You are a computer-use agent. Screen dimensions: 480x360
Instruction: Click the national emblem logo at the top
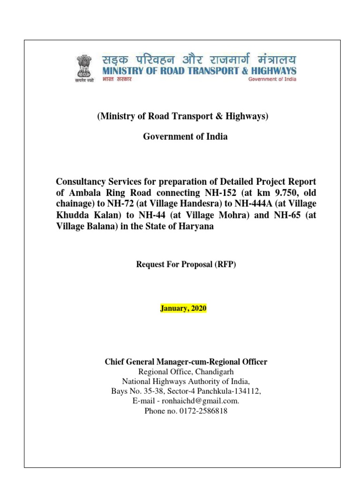[86, 68]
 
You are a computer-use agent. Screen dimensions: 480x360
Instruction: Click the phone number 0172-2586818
[203, 411]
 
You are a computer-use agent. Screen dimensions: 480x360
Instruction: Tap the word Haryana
[195, 226]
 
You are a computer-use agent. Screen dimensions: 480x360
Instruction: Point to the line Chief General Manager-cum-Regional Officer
[186, 361]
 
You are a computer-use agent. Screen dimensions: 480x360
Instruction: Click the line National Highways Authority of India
[186, 381]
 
